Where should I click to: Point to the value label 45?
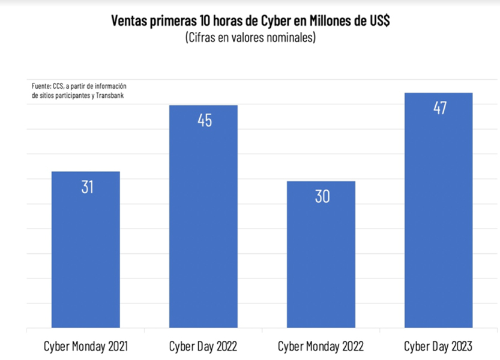(205, 120)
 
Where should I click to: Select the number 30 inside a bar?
(322, 196)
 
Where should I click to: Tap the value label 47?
(439, 109)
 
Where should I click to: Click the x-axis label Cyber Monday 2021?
(86, 347)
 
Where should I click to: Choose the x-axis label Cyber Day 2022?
(203, 347)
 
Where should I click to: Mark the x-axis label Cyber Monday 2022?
(321, 347)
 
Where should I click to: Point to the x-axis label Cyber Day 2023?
(438, 347)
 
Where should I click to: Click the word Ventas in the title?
(128, 22)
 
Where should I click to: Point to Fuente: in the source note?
(41, 86)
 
